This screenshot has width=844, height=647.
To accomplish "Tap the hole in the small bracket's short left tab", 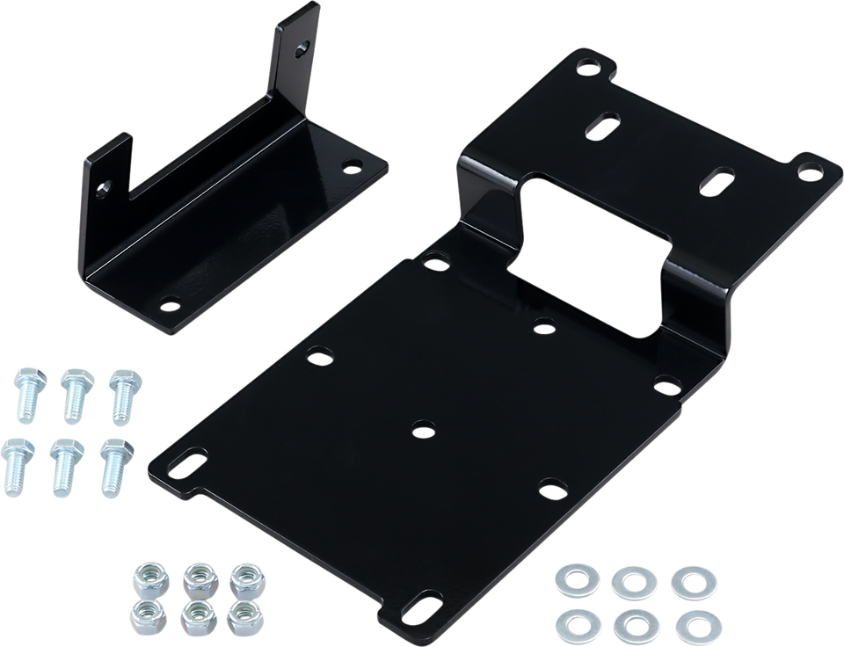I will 105,187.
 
